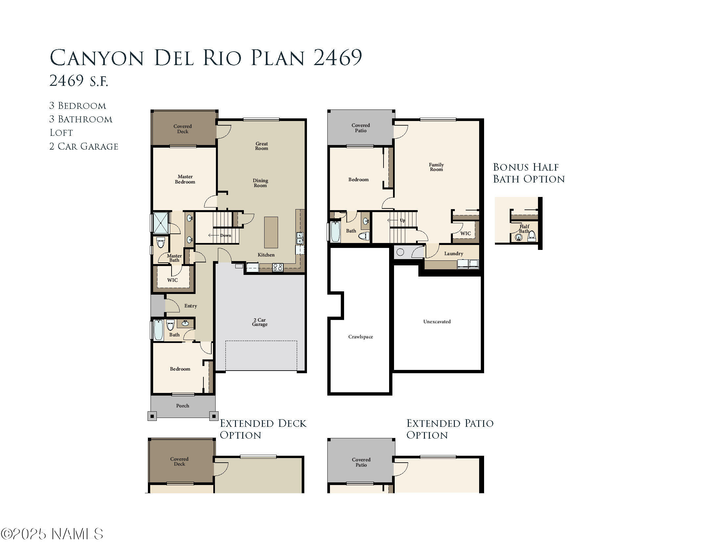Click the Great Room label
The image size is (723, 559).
coord(262,146)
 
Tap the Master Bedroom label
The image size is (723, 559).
coord(185,179)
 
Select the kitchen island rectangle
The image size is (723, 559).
coord(271,232)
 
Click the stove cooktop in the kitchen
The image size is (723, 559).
coord(277,267)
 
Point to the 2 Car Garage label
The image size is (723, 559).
coord(260,322)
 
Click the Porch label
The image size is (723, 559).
coord(182,406)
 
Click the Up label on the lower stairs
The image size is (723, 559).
coord(402,220)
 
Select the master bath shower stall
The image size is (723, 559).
coord(161,223)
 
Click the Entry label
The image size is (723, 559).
coord(191,306)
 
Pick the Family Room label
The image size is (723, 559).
coord(436,167)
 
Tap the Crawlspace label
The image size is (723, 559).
coord(361,337)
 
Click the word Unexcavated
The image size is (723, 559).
coord(437,322)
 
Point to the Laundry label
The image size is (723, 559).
coord(454,254)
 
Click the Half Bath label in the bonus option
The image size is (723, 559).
coord(524,229)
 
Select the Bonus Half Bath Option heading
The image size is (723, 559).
coord(528,173)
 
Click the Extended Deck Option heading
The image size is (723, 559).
coord(263,429)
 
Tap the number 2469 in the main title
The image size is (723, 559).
coord(337,58)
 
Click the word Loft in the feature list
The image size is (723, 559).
coord(61,133)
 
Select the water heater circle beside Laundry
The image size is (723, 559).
coord(400,252)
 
